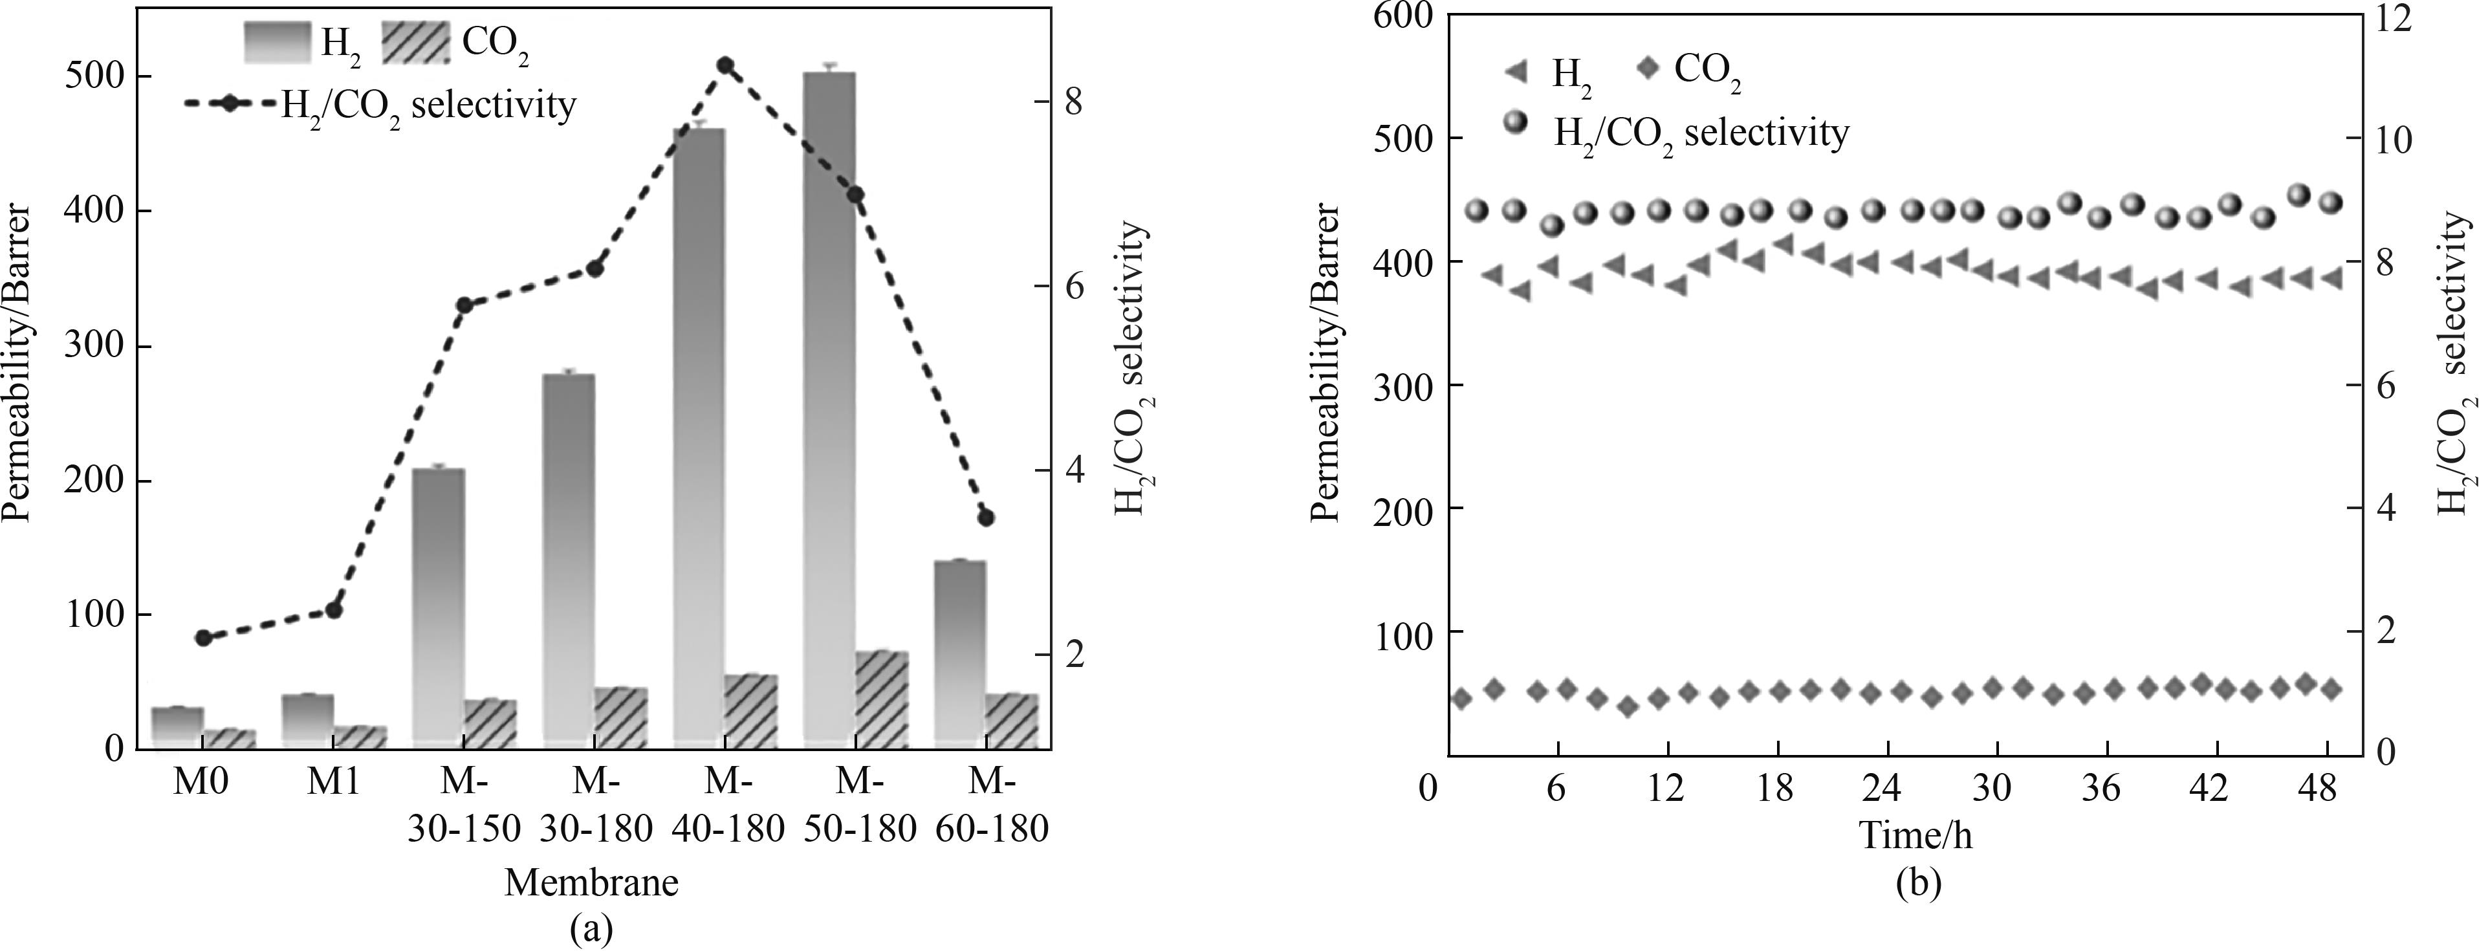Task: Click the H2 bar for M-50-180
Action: (x=829, y=406)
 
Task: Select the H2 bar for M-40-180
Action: (x=698, y=435)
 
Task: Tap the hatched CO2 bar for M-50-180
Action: (x=882, y=697)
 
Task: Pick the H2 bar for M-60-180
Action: (x=959, y=651)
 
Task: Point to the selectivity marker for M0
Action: (x=203, y=637)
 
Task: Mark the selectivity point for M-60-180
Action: (x=986, y=518)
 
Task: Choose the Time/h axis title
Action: (x=1916, y=834)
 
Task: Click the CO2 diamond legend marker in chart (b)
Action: (x=1650, y=69)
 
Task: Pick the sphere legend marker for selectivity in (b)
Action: (x=1518, y=123)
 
